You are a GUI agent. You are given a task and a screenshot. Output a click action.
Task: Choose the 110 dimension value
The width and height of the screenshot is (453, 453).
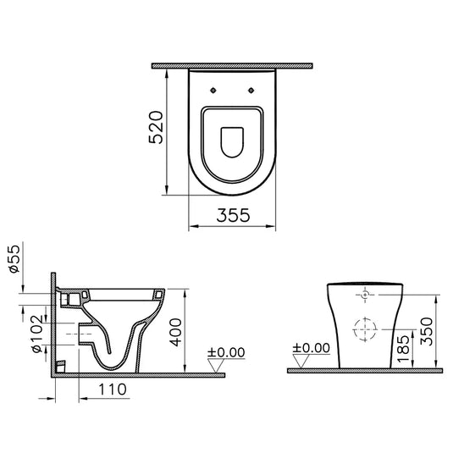click(109, 391)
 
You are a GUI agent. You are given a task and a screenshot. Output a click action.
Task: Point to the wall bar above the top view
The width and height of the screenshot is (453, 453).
click(231, 65)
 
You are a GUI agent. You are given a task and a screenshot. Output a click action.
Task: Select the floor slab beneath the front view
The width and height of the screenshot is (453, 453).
click(364, 370)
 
